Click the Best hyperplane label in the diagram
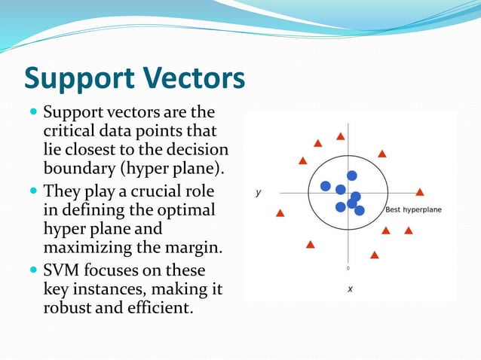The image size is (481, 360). coord(413,209)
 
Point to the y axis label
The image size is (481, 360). coord(259,193)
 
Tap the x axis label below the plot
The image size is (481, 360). coord(350,288)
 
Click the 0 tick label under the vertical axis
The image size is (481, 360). coord(348,267)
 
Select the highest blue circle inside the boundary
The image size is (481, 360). coord(351,175)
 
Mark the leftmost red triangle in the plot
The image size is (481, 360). coord(280,212)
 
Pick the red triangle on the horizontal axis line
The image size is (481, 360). coord(420,192)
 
